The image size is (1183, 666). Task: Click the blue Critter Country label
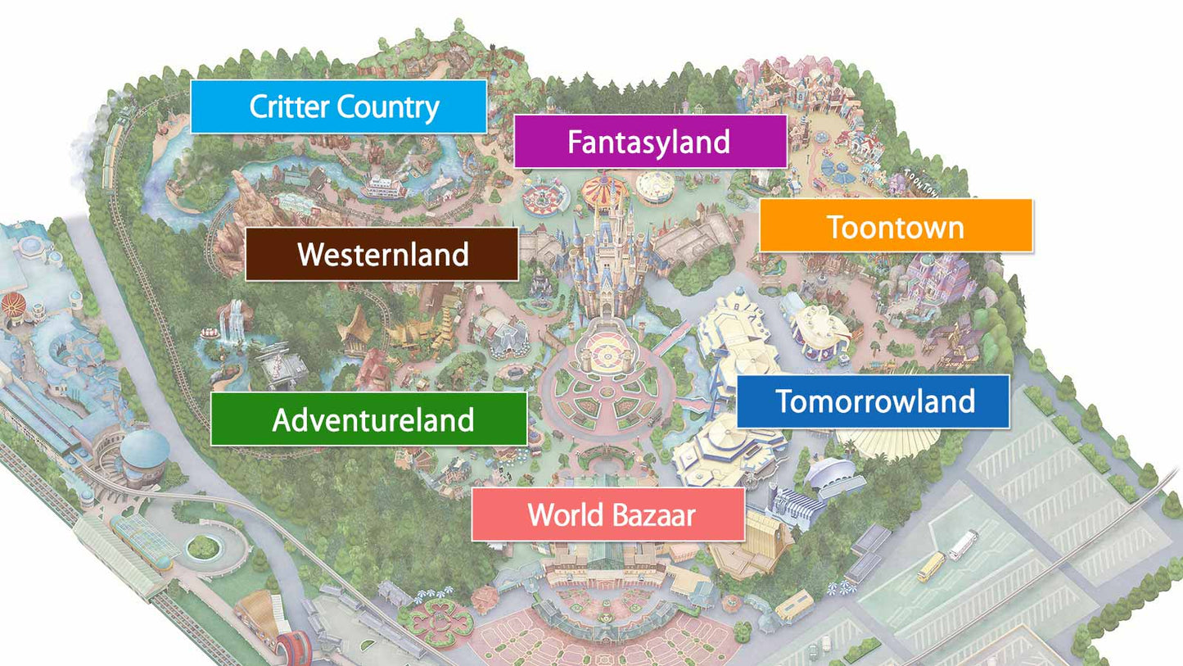338,106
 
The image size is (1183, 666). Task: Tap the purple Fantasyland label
650,142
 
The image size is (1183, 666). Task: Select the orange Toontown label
896,225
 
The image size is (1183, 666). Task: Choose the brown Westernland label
382,254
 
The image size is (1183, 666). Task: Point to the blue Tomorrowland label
873,401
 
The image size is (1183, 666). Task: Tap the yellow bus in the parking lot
931,567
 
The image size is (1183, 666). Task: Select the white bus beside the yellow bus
963,545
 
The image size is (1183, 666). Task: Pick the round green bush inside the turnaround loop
203,546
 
